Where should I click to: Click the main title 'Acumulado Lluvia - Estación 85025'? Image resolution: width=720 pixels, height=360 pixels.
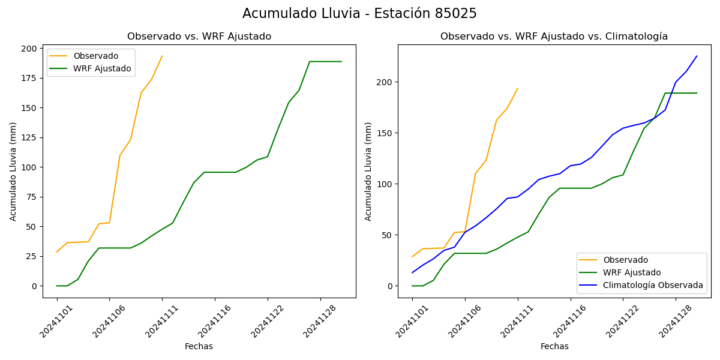pos(359,14)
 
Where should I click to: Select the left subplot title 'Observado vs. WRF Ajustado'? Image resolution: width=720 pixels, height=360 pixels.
pos(199,37)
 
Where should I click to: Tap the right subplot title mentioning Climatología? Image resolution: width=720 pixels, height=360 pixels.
pos(554,37)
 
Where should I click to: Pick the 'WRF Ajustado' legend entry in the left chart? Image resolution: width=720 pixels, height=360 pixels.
pos(102,68)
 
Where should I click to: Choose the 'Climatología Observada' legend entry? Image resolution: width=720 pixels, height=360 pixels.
pos(653,285)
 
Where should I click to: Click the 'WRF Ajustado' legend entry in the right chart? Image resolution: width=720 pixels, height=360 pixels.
pos(632,272)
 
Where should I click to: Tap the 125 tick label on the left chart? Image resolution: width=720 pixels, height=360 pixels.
pos(29,137)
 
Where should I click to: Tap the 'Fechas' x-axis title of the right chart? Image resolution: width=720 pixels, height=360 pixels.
pos(554,346)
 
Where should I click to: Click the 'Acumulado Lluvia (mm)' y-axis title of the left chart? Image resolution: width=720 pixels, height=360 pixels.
pos(13,171)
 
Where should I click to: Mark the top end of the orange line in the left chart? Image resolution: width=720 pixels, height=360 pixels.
pos(162,56)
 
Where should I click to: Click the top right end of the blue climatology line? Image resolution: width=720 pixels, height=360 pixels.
pos(697,56)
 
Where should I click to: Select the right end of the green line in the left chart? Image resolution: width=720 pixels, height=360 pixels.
pos(341,61)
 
